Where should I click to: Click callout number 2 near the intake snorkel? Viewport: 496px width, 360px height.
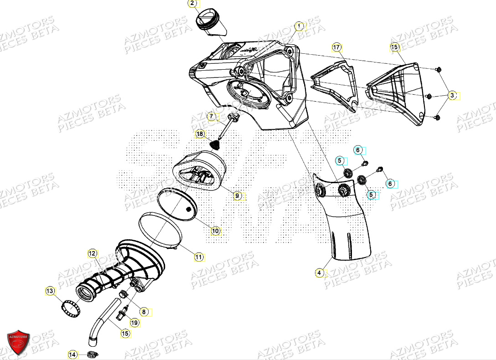point(192,4)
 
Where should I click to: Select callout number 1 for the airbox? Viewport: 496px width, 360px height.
point(299,26)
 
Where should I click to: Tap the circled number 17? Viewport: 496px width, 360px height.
point(336,47)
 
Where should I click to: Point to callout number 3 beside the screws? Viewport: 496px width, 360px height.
point(452,96)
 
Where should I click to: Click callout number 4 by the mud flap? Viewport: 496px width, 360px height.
point(320,273)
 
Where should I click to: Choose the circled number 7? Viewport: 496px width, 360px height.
point(212,117)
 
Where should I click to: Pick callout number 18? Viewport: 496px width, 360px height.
point(200,134)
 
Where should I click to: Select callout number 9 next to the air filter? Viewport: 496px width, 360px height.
point(237,196)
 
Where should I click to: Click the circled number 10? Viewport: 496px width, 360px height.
point(216,231)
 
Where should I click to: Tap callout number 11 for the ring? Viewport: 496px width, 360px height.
point(199,257)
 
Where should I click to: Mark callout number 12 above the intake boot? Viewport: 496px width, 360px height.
point(93,253)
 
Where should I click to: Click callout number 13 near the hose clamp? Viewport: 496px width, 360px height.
point(50,291)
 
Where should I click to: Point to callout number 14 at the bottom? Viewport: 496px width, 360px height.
point(72,354)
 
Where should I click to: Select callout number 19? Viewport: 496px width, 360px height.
point(134,323)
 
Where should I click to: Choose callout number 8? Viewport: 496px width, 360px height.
point(144,312)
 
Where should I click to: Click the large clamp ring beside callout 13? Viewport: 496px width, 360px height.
point(70,307)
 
